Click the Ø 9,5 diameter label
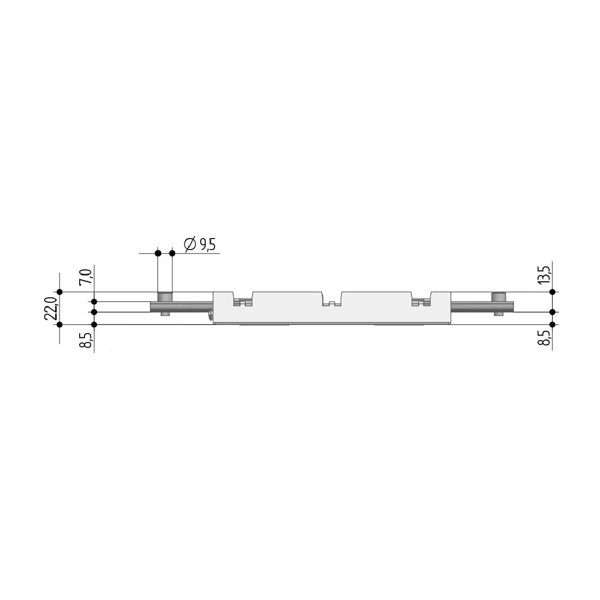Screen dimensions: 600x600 (x=200, y=244)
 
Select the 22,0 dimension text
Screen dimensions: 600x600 (x=50, y=308)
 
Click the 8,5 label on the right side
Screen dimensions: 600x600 (x=545, y=338)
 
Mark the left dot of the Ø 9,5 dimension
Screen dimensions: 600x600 (x=158, y=253)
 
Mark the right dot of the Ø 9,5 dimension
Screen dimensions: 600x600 (x=172, y=253)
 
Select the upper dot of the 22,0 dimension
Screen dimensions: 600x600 (x=60, y=292)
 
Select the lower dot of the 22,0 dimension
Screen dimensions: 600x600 (x=60, y=324)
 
